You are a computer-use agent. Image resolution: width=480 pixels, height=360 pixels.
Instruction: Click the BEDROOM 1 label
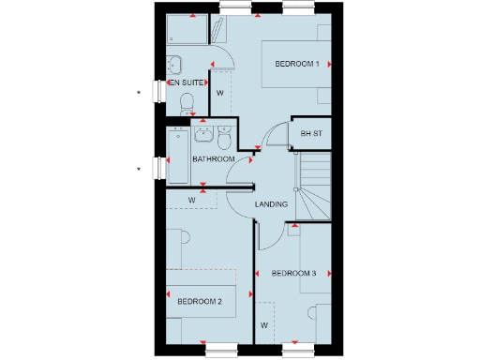pos(297,64)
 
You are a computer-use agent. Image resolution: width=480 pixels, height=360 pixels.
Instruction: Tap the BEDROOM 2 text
pos(200,302)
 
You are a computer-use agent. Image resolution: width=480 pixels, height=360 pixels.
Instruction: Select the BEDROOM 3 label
pos(293,274)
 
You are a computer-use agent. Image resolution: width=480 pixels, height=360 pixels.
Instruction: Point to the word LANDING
pos(271,204)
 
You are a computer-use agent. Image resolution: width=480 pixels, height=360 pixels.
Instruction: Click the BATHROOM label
pos(213,159)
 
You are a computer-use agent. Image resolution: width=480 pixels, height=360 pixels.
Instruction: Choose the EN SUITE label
pos(185,83)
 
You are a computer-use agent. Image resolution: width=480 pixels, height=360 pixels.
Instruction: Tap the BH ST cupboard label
pos(310,134)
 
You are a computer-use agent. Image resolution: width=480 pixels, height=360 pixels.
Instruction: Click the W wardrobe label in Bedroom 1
pos(218,94)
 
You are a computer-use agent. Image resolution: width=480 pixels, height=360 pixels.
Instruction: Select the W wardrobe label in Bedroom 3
pos(264,325)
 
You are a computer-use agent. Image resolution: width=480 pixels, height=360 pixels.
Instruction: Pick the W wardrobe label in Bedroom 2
pos(191,200)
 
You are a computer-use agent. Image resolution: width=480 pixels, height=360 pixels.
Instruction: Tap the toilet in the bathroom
pos(223,139)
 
